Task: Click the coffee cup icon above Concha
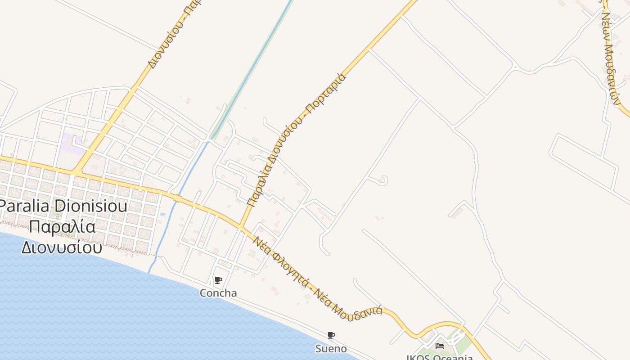click(x=218, y=280)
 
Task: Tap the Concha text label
click(x=218, y=293)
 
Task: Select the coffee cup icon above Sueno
click(x=331, y=335)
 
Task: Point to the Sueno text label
click(x=331, y=349)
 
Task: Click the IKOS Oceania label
click(x=440, y=357)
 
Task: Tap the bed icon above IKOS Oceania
click(x=440, y=346)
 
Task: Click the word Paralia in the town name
click(x=27, y=207)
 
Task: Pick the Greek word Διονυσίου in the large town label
click(x=62, y=247)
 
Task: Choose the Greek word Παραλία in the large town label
click(x=63, y=227)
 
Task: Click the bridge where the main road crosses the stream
click(x=177, y=198)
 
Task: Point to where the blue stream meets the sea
click(x=149, y=271)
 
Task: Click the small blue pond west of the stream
click(x=162, y=214)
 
